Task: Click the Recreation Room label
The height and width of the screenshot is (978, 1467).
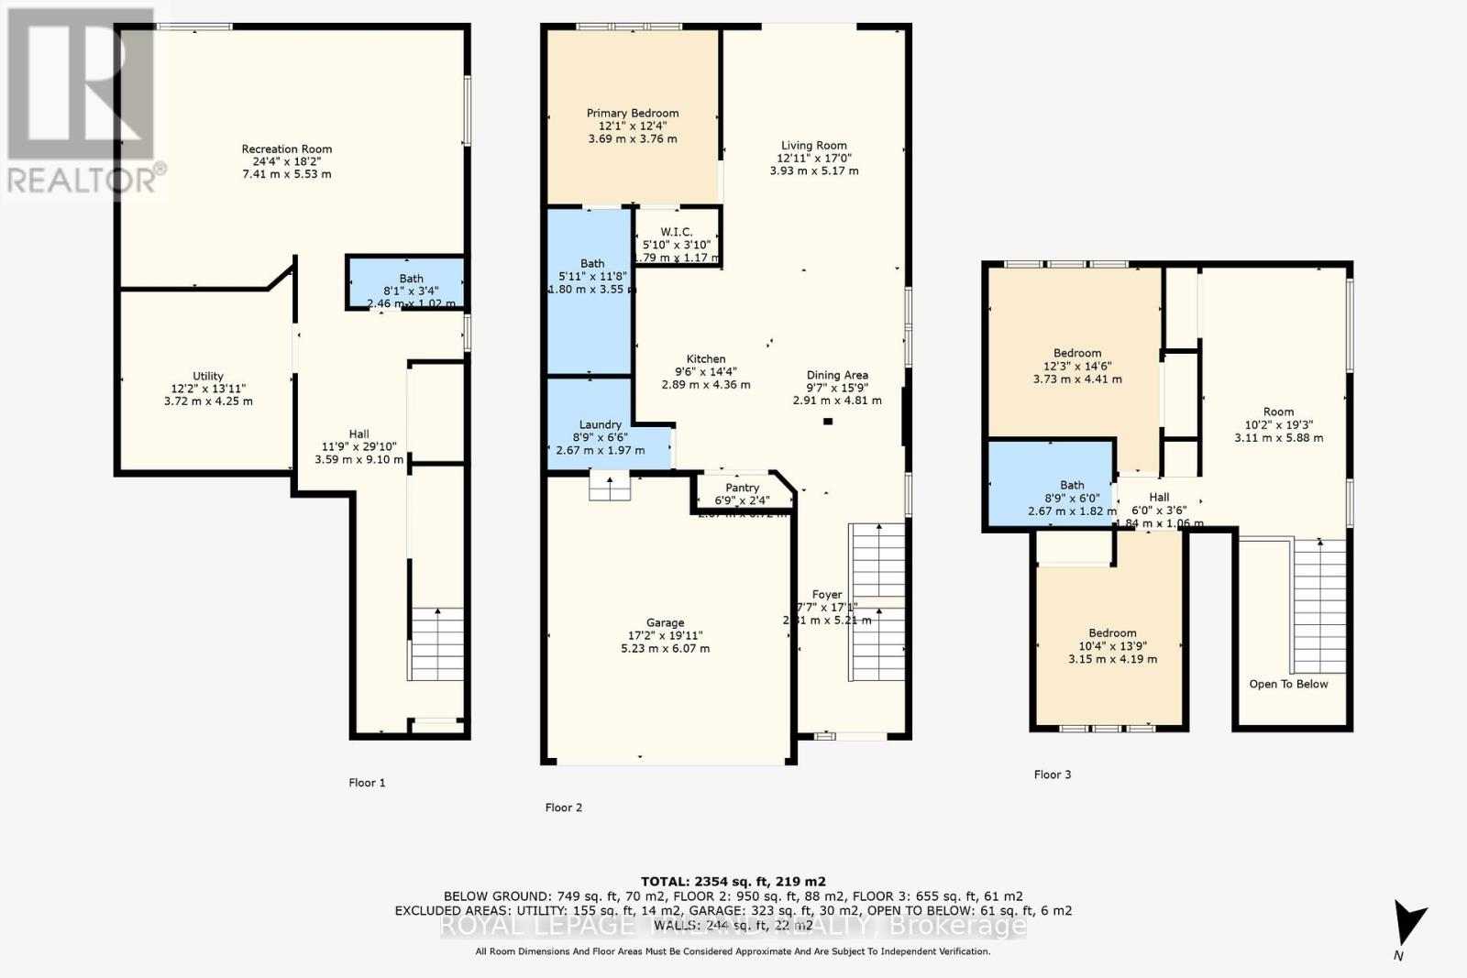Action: (286, 149)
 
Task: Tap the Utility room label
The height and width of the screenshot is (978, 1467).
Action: (208, 376)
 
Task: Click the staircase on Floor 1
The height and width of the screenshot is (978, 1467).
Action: (436, 643)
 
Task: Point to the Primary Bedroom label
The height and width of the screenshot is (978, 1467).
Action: (633, 114)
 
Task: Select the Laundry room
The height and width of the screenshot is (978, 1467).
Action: (601, 424)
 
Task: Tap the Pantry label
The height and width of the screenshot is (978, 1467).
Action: (742, 489)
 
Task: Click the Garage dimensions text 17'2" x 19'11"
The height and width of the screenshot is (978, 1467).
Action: (665, 635)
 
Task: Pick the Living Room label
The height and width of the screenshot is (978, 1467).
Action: (813, 146)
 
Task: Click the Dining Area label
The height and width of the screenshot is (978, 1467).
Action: (837, 375)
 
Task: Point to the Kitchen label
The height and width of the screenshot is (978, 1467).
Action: (706, 359)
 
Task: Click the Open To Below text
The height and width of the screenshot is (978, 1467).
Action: (1288, 684)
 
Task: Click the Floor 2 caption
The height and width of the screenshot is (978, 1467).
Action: (563, 808)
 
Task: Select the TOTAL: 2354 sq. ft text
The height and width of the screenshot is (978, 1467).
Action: (733, 882)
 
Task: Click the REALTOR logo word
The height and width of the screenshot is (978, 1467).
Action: (83, 180)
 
